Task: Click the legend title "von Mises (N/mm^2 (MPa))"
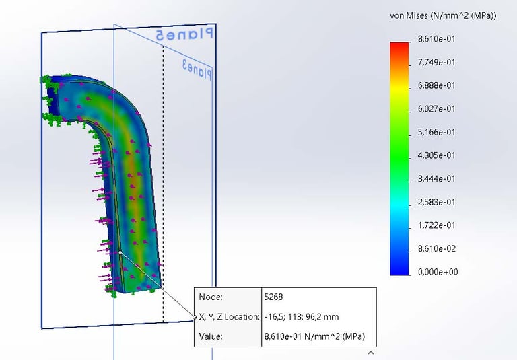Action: click(x=443, y=16)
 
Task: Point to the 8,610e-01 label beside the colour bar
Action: click(x=436, y=39)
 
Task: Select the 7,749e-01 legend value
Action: click(x=436, y=63)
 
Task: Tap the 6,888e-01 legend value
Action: click(x=436, y=85)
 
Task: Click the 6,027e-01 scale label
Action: click(x=436, y=109)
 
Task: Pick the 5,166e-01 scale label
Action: click(x=436, y=132)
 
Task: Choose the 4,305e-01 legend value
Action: click(x=436, y=155)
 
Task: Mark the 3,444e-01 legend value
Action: click(x=436, y=179)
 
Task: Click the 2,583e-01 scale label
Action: click(x=436, y=202)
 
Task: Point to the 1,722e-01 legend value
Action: click(x=436, y=225)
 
